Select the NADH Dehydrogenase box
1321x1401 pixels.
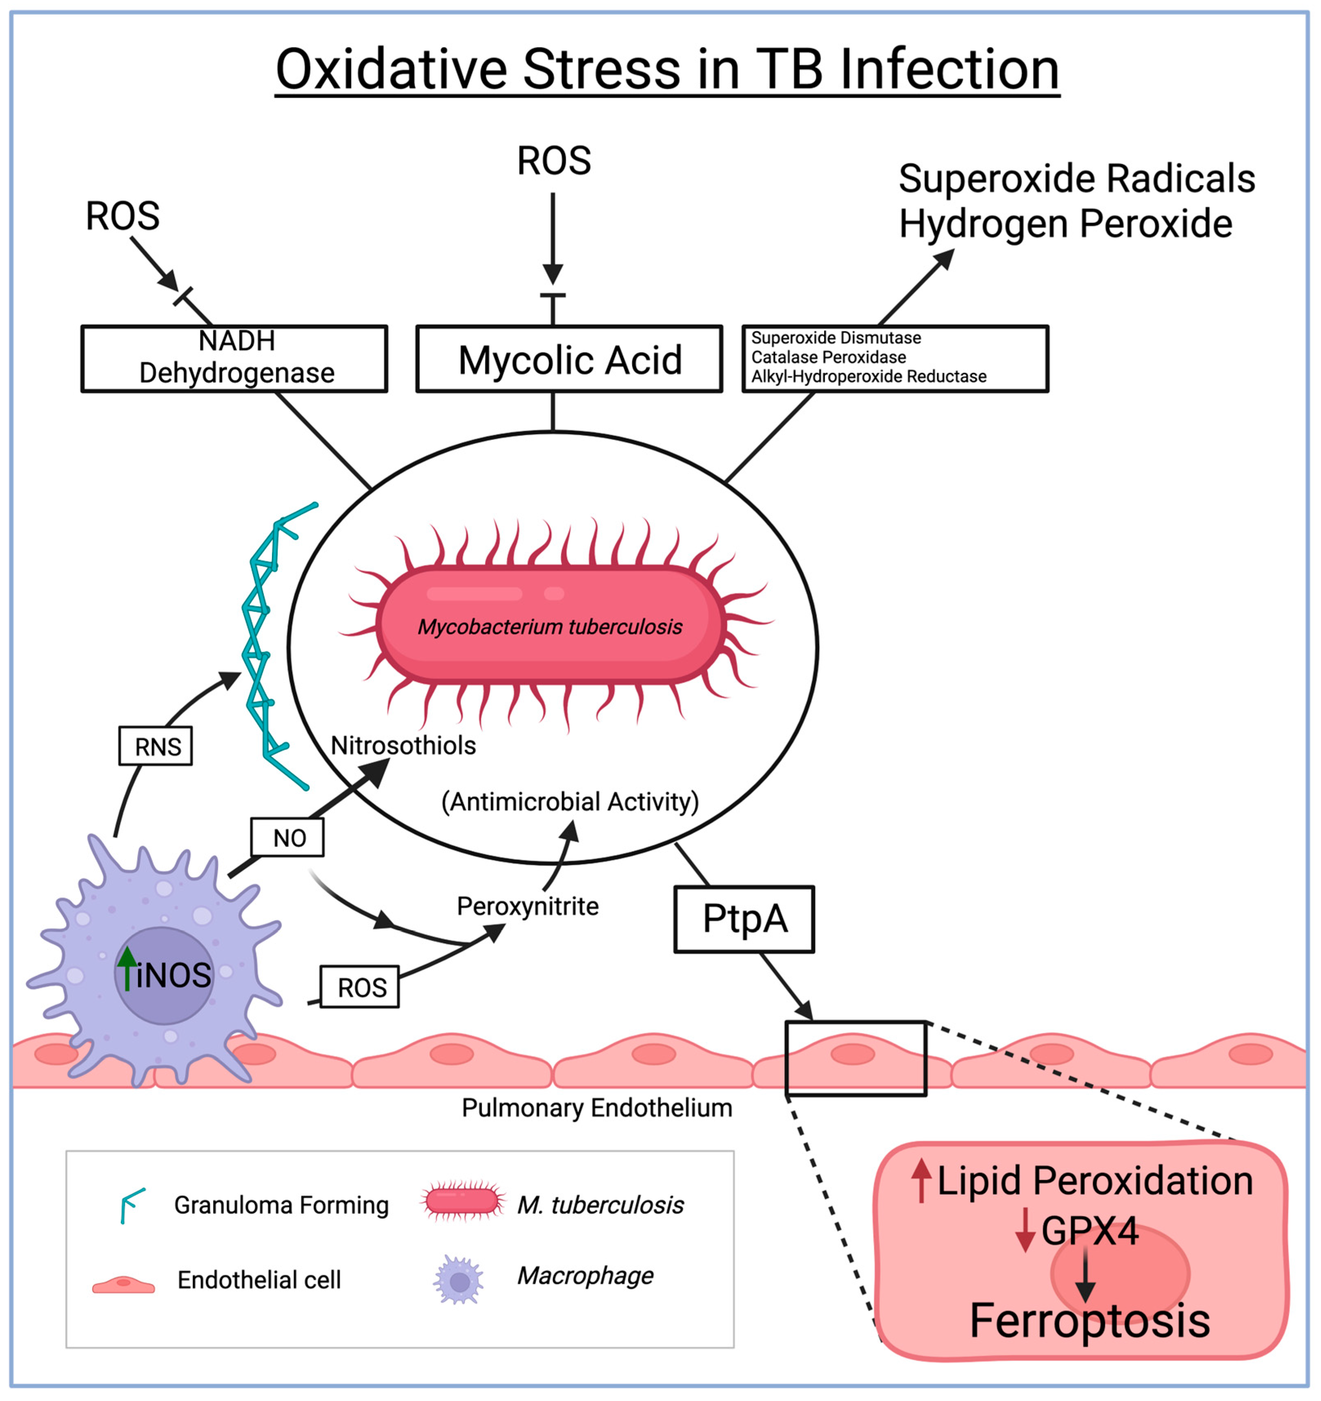[x=235, y=358]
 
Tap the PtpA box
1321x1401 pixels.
[x=744, y=919]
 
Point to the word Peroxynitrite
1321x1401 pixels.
[x=527, y=906]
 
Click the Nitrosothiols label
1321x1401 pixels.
[x=403, y=746]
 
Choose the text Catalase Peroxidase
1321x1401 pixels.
[x=828, y=357]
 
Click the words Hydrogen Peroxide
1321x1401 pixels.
[x=1065, y=224]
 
